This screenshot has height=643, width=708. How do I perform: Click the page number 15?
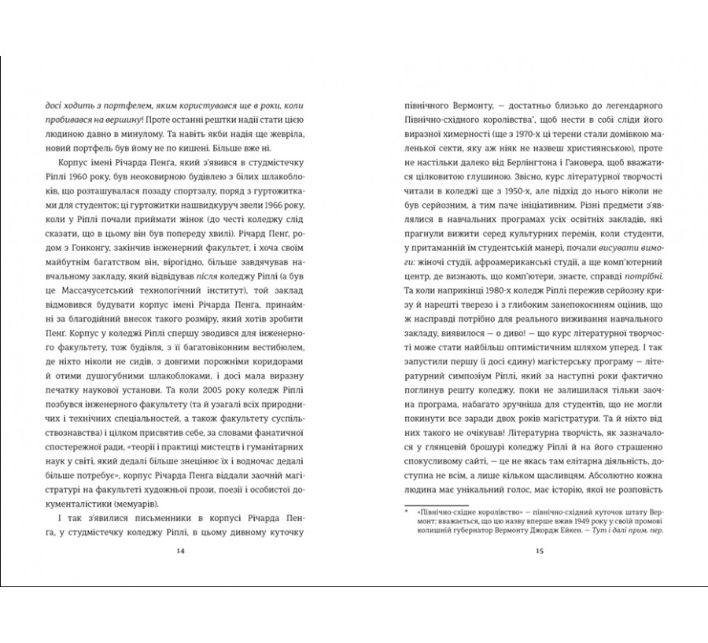[539, 551]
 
